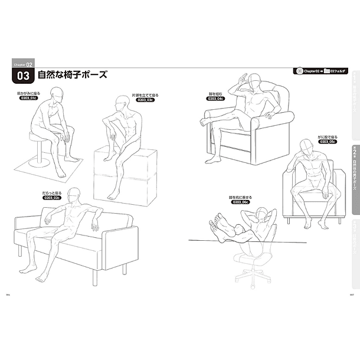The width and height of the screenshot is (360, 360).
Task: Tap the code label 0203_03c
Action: [129, 100]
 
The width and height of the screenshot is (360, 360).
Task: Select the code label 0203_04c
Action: [215, 99]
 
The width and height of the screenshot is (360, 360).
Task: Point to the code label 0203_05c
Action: [326, 142]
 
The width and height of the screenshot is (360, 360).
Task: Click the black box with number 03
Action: [23, 76]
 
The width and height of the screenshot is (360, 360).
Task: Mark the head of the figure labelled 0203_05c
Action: [307, 146]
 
